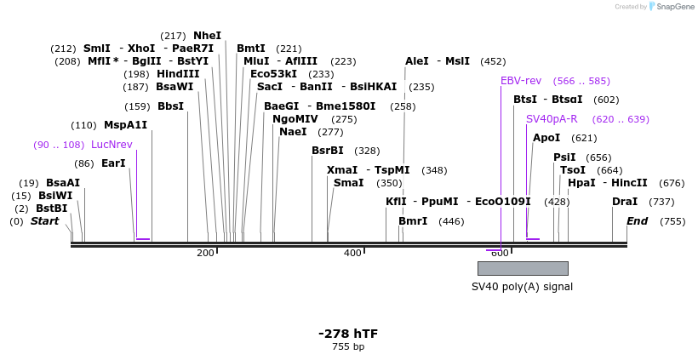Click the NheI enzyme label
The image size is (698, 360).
tap(207, 36)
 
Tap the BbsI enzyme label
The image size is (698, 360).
tap(170, 106)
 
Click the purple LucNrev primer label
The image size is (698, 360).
tap(112, 145)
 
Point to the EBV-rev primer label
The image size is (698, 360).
tap(521, 81)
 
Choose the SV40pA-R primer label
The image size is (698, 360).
tap(552, 119)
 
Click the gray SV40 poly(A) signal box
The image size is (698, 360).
tap(522, 268)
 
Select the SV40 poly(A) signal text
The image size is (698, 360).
tap(522, 287)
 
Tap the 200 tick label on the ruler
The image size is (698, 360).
tap(205, 254)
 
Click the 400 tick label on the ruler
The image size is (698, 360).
tap(352, 254)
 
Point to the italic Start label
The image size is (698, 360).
tap(45, 221)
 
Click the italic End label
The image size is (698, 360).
tap(637, 221)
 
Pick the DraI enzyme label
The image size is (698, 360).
tap(624, 202)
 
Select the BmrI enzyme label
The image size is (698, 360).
tap(413, 221)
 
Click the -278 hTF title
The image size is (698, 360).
tap(347, 334)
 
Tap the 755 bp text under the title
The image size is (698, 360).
tap(347, 347)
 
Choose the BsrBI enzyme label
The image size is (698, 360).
tap(327, 151)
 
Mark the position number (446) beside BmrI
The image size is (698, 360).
tap(451, 221)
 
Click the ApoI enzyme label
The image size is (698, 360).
tap(546, 138)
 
